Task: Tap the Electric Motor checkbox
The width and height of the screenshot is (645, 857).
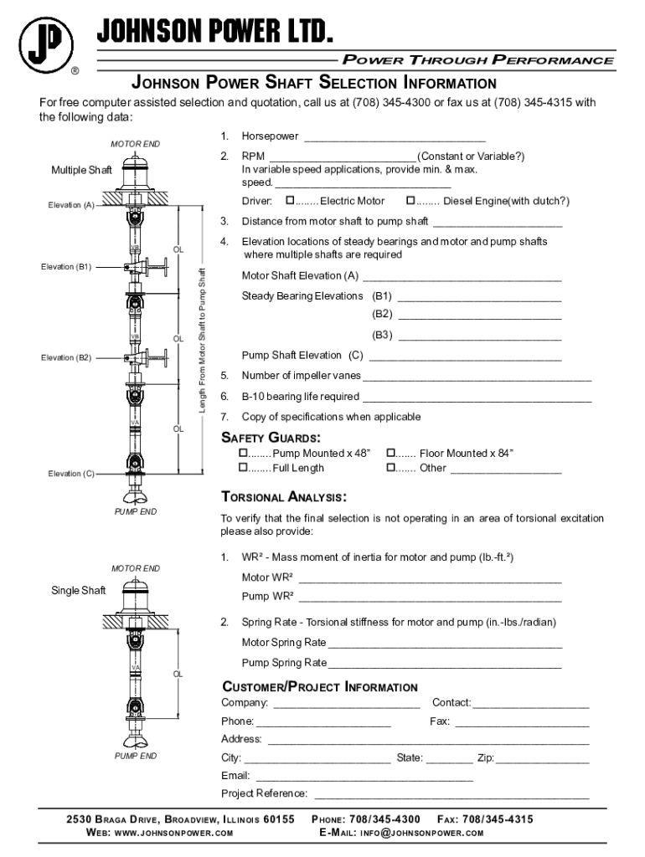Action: pos(290,201)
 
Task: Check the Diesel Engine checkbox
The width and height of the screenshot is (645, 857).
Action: pos(410,201)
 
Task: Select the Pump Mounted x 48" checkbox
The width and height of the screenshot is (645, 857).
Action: pos(243,453)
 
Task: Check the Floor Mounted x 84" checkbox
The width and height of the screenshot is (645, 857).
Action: pos(390,453)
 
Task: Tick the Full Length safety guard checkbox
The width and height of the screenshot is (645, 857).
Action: pos(243,468)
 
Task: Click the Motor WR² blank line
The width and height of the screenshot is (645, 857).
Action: pos(429,579)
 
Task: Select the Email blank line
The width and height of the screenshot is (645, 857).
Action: pos(364,777)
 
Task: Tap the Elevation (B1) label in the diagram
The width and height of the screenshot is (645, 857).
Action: pos(66,268)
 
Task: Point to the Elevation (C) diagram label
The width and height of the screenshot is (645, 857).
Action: pos(70,474)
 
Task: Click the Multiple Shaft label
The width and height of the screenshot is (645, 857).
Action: pos(81,171)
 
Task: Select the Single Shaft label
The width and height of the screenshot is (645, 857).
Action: pos(79,591)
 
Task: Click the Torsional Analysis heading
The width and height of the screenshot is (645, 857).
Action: pos(282,495)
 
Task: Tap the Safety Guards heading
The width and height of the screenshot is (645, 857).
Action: pos(271,438)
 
